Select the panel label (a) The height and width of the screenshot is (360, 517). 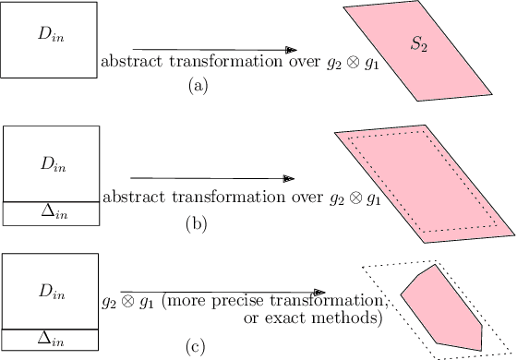click(x=196, y=85)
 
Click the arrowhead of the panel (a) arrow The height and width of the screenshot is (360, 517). click(x=291, y=49)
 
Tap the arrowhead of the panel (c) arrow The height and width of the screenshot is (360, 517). click(x=319, y=294)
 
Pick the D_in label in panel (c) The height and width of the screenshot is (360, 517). click(x=51, y=293)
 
